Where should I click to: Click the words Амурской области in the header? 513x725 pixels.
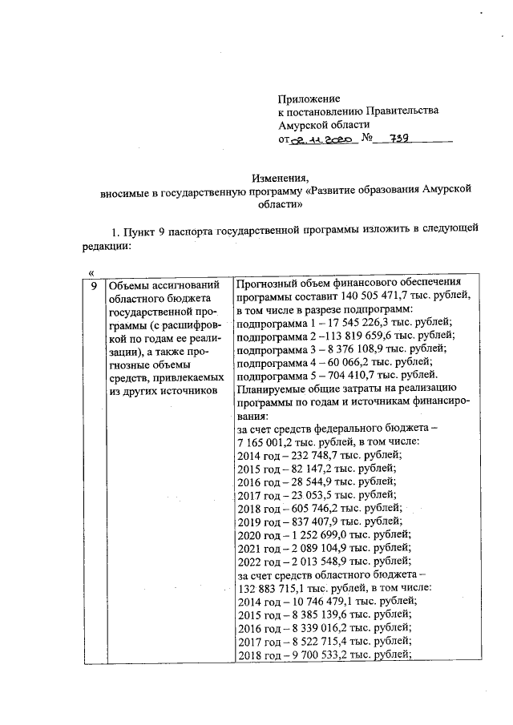point(324,124)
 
